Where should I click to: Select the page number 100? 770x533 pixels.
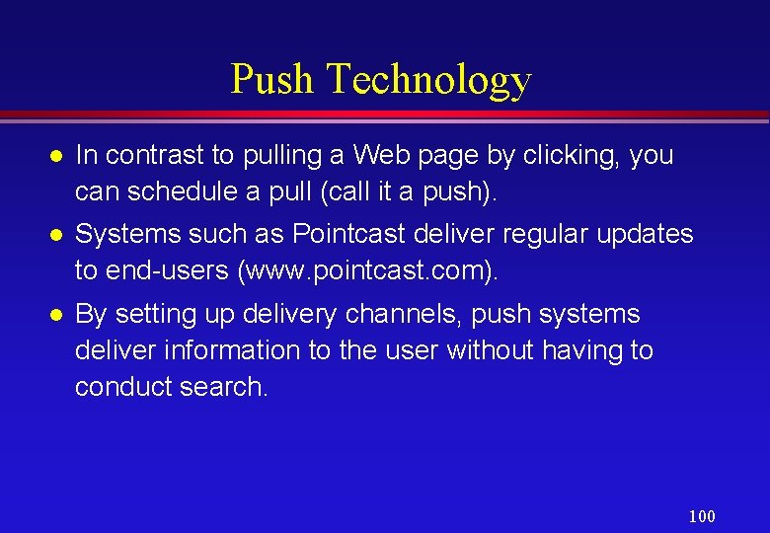click(702, 516)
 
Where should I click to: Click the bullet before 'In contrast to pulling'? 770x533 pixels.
click(57, 156)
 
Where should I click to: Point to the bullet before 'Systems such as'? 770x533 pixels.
click(57, 235)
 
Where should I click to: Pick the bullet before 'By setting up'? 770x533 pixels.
click(57, 315)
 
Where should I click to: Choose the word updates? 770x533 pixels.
click(646, 235)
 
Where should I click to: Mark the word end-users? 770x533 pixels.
click(162, 271)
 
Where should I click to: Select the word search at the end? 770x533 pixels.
click(223, 386)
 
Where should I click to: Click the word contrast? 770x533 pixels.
click(149, 155)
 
